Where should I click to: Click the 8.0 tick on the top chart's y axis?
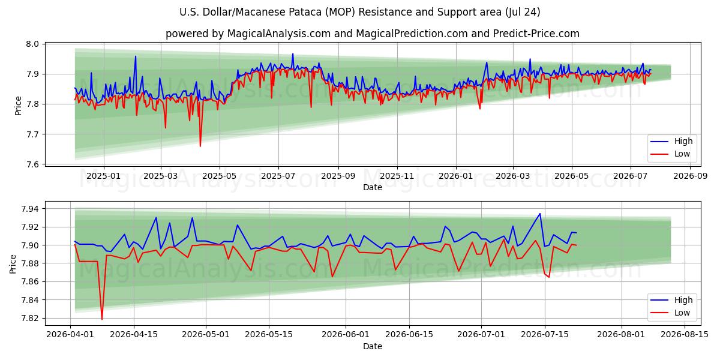32,44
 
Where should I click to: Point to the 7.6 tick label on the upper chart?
32,164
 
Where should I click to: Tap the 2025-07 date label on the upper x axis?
278,176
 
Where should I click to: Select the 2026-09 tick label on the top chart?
690,176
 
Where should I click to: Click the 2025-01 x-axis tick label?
103,176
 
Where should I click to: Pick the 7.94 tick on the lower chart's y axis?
30,209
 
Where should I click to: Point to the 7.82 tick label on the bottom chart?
30,318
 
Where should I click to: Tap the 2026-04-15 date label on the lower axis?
134,334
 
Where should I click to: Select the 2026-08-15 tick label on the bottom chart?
685,334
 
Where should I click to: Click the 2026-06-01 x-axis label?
346,334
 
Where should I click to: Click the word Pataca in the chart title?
306,12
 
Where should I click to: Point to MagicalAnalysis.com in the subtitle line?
279,34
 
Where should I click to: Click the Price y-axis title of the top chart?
19,106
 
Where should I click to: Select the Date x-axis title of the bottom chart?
373,346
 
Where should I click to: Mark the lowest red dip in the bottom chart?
102,319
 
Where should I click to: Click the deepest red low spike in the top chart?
200,146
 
